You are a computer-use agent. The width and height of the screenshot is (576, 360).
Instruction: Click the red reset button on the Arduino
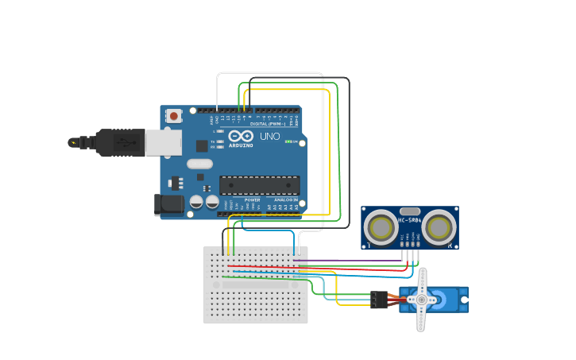(x=173, y=116)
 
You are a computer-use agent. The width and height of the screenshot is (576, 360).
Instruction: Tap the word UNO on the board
(x=270, y=136)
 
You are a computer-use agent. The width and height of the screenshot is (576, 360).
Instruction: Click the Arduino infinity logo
(x=241, y=136)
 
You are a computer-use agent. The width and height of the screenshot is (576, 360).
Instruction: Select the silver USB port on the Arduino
(x=163, y=142)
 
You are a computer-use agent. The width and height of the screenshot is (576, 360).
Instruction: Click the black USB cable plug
(x=120, y=143)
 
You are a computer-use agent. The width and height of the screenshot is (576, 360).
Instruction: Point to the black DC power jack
(x=168, y=204)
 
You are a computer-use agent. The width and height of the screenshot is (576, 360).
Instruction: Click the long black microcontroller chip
(x=259, y=185)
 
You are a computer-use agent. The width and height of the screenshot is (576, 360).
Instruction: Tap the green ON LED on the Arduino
(x=295, y=142)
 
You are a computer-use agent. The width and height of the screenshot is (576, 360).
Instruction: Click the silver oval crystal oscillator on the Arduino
(x=199, y=164)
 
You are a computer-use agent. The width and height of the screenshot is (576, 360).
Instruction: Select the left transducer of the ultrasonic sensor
(x=381, y=228)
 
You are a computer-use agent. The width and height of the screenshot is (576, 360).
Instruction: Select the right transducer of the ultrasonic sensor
(x=439, y=228)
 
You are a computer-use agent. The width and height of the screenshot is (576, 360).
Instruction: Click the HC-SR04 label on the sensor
(x=410, y=220)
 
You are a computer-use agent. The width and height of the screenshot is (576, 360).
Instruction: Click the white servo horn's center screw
(x=421, y=300)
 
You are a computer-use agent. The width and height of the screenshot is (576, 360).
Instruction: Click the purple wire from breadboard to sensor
(x=350, y=260)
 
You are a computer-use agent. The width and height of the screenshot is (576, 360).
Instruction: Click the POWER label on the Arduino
(x=252, y=199)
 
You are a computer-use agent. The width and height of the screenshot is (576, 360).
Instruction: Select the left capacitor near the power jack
(x=196, y=203)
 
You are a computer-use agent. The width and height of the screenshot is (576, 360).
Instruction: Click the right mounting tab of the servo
(x=464, y=300)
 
